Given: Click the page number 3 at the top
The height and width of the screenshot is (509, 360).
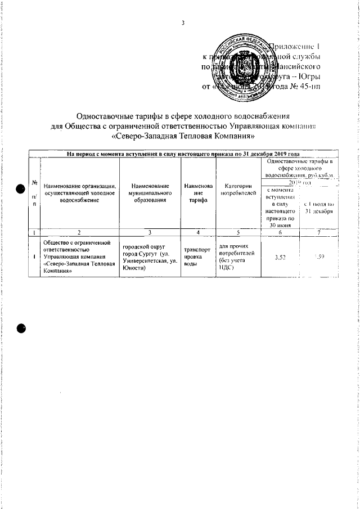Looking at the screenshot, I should click(183, 22).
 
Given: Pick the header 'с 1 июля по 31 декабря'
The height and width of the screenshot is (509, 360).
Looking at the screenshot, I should click(319, 207).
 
